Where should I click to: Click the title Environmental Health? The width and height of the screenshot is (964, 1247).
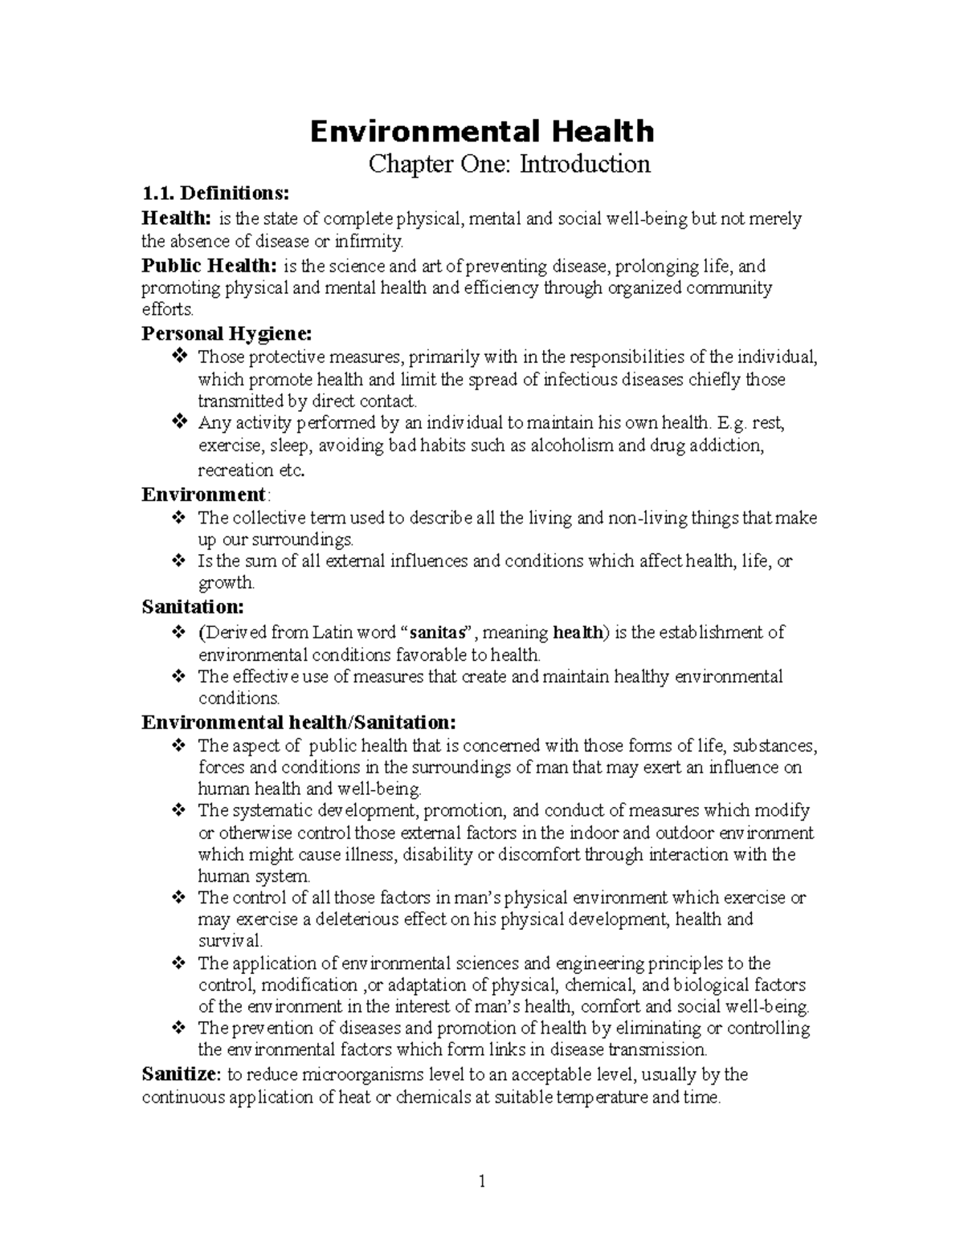pos(482,131)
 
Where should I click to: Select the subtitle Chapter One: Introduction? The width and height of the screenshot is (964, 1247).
pos(509,164)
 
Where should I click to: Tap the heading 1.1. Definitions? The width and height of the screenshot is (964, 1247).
pos(213,194)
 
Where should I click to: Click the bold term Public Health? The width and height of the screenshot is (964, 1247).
pos(209,266)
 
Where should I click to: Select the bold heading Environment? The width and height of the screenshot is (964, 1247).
pos(203,494)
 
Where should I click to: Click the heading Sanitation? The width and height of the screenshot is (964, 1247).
pos(193,607)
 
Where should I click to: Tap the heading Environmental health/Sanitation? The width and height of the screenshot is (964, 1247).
pos(299,722)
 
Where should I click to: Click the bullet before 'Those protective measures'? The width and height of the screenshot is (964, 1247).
pos(179,356)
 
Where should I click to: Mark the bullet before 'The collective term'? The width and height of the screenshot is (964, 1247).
pos(179,518)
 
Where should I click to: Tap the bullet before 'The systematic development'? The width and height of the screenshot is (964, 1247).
pos(179,810)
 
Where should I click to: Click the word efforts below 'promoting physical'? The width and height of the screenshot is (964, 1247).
pos(167,310)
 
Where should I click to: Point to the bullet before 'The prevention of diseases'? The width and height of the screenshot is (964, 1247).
pos(179,1028)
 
